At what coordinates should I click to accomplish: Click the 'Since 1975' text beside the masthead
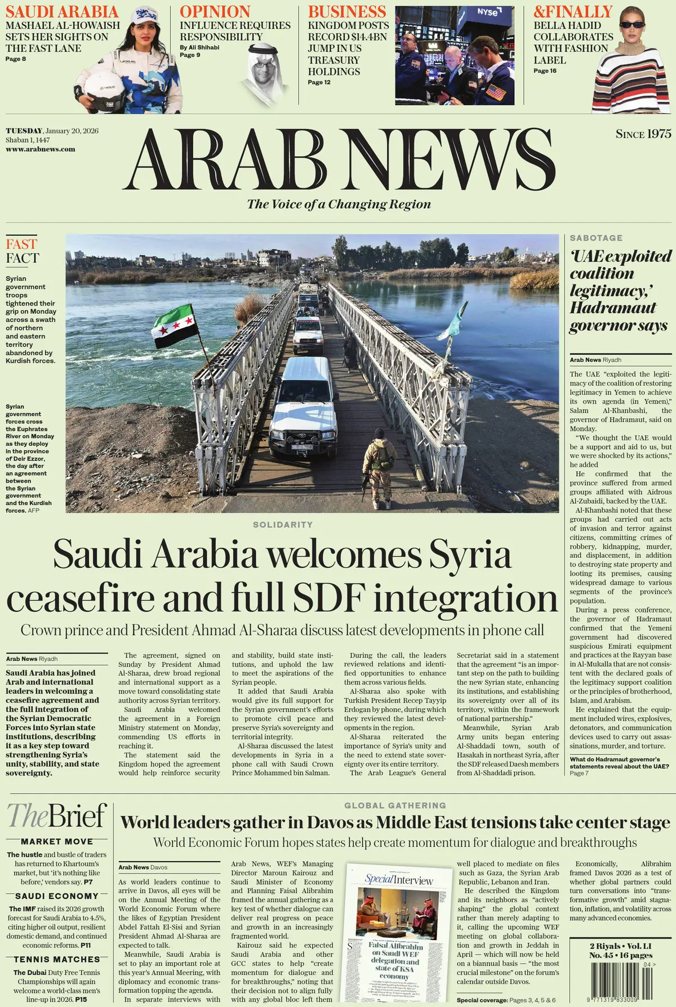click(643, 134)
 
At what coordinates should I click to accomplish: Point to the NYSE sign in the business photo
click(488, 12)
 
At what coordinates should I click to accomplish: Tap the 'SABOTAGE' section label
click(596, 238)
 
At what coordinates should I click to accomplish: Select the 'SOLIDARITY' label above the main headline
click(283, 525)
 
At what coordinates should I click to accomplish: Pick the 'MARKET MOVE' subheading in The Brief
click(57, 842)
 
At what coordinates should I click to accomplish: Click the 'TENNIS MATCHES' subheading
click(57, 959)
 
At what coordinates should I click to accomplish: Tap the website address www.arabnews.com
click(41, 149)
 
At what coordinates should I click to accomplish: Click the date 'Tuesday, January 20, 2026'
click(52, 131)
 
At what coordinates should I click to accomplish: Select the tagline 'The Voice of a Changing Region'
click(339, 204)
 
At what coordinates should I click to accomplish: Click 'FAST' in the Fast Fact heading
click(21, 244)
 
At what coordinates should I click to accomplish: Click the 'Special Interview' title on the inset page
click(399, 879)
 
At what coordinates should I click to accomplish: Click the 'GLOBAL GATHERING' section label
click(395, 805)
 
